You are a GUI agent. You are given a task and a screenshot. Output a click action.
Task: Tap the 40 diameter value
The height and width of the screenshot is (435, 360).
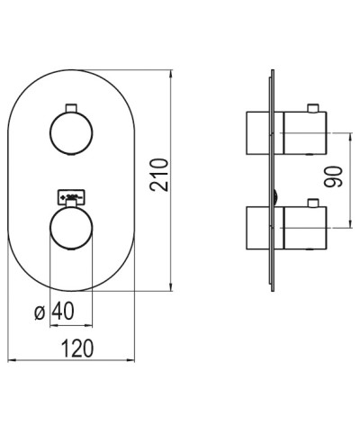pos(62,312)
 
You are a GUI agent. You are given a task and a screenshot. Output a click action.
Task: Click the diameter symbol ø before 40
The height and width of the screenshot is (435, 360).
pos(39,313)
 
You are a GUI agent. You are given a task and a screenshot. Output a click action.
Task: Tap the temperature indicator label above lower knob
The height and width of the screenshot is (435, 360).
pos(71,193)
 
